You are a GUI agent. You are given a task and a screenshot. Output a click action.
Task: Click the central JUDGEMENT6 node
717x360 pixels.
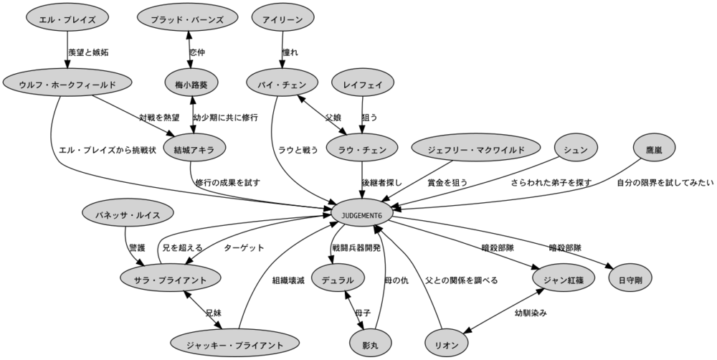(361, 214)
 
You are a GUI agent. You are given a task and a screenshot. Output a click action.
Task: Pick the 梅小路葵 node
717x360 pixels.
(191, 84)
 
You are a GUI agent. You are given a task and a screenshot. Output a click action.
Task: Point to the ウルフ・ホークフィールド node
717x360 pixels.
(68, 84)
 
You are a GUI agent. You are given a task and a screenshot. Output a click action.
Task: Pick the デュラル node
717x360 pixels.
(338, 279)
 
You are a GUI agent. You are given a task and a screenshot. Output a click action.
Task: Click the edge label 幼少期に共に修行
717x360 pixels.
(225, 117)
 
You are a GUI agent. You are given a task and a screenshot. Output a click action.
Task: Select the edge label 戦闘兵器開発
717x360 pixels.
(356, 247)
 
